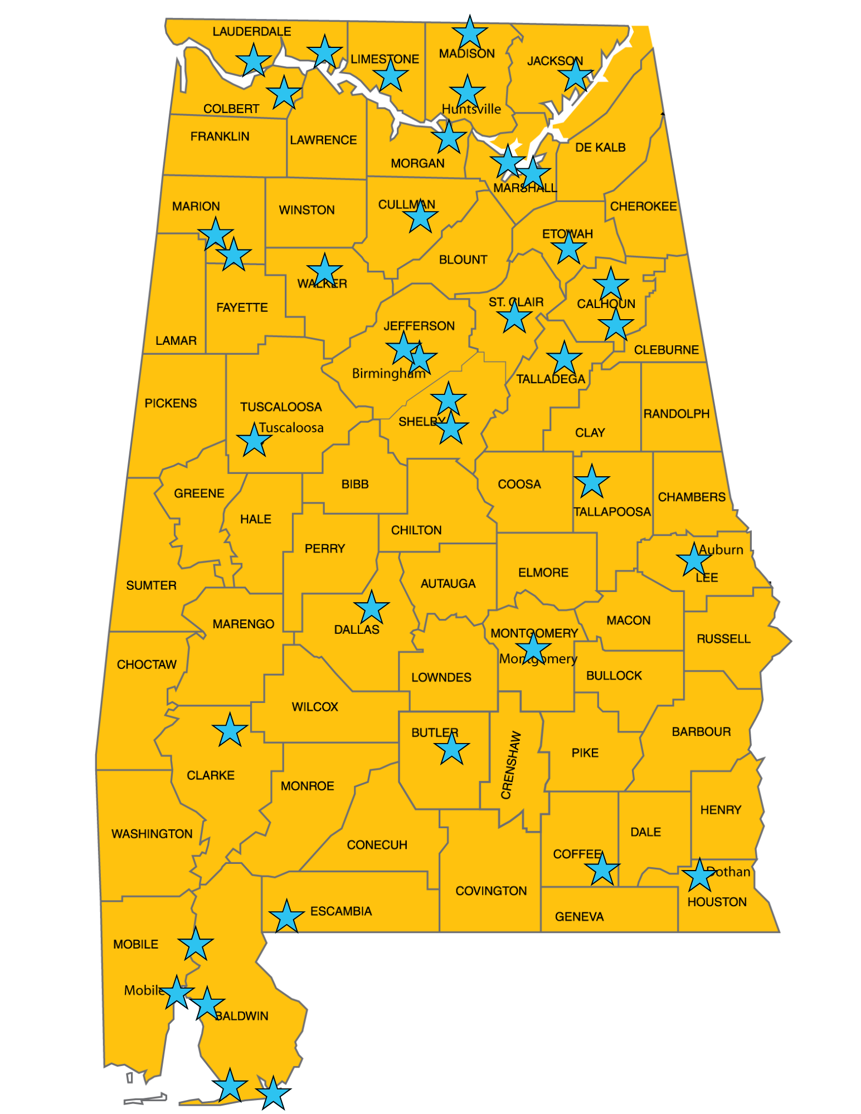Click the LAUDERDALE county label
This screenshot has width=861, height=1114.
[251, 32]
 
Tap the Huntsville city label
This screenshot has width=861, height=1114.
[471, 109]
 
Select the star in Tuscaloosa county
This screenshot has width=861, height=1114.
[254, 441]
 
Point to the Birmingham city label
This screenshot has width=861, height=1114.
[388, 373]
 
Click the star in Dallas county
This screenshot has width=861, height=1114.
[372, 608]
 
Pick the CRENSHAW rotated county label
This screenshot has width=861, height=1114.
[510, 765]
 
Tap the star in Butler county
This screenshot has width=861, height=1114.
[451, 749]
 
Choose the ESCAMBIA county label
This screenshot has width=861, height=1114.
[340, 911]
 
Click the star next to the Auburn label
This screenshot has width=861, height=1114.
[694, 560]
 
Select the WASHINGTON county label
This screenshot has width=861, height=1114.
[152, 834]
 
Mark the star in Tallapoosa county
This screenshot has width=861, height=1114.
[592, 482]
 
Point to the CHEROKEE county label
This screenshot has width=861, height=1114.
[643, 207]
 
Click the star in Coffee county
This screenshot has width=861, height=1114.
[602, 869]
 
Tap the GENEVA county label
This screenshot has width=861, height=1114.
[579, 916]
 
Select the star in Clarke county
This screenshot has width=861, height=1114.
[230, 730]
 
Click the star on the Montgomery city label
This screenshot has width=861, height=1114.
[533, 648]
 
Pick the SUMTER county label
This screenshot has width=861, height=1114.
[151, 585]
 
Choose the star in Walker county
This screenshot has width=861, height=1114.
[324, 271]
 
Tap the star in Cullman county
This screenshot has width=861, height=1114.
[420, 216]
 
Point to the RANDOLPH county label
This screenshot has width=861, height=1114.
[676, 414]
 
